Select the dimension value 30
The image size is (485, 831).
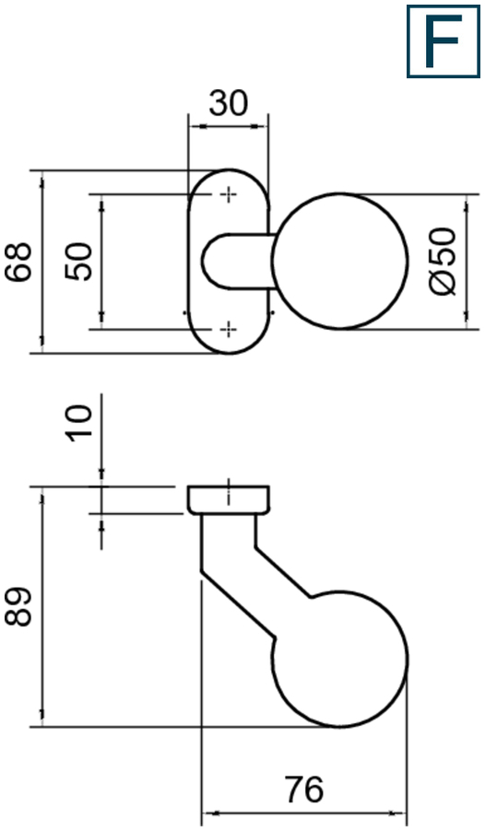[228, 102]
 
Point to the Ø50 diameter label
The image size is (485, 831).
[444, 262]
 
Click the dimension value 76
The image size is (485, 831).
[303, 790]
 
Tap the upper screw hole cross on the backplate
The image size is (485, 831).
[228, 194]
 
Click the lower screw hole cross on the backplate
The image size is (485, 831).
[228, 328]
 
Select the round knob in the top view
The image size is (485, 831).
[340, 262]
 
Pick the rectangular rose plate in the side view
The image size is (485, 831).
[230, 499]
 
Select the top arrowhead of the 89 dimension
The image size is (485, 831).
[41, 493]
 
